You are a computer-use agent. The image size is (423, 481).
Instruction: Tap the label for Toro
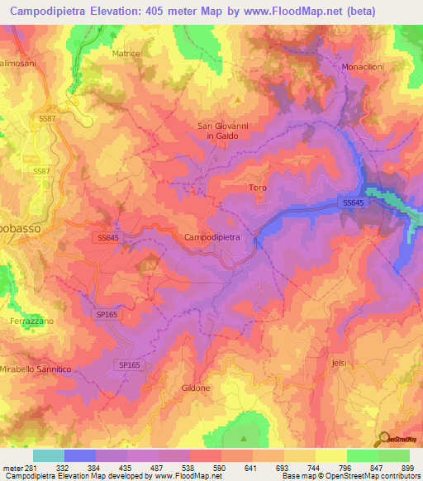[x=258, y=188]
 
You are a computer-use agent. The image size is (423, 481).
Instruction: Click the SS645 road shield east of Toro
[x=351, y=202]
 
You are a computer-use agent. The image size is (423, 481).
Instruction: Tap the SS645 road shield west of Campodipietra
[x=107, y=237]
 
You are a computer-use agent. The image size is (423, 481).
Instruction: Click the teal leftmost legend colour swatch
[x=48, y=455]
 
